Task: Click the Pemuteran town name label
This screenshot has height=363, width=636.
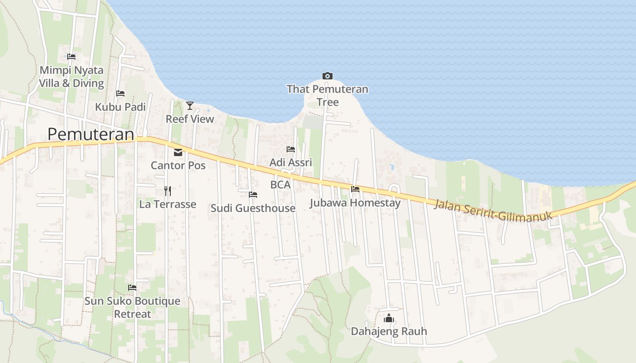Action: (x=91, y=134)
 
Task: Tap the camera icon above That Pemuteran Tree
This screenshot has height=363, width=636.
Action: (x=327, y=76)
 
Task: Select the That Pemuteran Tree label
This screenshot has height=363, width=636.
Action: (x=328, y=95)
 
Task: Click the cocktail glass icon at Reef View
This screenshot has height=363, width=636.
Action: (x=190, y=106)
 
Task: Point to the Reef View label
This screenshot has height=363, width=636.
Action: (x=190, y=119)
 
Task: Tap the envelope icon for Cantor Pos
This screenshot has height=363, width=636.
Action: (x=178, y=152)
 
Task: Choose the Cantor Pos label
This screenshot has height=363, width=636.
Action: (x=178, y=165)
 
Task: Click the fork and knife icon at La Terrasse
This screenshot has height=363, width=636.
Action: (x=168, y=191)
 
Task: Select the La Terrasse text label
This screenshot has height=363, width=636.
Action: (x=168, y=204)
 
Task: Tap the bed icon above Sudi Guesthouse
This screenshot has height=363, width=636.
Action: (x=253, y=195)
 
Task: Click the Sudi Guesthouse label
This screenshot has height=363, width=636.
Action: (x=253, y=208)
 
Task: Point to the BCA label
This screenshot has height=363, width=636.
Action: (x=280, y=185)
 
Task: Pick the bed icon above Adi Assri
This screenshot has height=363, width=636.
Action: (x=291, y=149)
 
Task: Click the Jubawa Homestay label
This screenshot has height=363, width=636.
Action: (x=355, y=202)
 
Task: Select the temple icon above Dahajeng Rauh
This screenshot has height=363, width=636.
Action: (x=388, y=318)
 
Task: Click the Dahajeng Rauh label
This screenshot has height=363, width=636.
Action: (x=389, y=331)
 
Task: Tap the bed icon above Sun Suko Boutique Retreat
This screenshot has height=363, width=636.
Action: (x=132, y=288)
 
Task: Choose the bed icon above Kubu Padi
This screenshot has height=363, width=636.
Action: (x=120, y=93)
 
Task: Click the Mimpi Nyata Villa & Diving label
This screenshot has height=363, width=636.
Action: (x=71, y=77)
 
